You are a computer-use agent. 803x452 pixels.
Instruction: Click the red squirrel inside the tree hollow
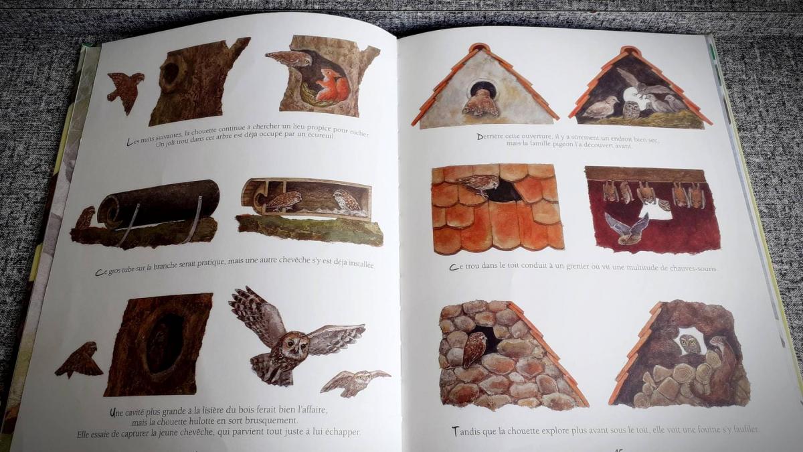pos(332,86)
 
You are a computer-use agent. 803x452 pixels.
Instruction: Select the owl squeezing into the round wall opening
pos(481,103)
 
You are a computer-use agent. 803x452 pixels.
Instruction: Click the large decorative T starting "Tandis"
pos(455,431)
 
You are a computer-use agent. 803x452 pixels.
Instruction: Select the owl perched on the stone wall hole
pos(474,350)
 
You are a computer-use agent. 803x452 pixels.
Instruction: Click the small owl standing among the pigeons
pos(631,109)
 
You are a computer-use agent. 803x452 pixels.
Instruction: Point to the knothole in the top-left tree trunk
pos(172,72)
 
